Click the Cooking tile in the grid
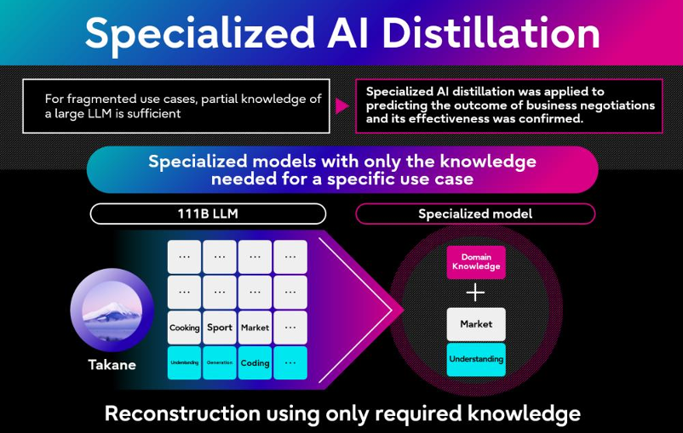[184, 328]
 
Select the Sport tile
[220, 328]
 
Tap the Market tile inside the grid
[255, 328]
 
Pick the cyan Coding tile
[255, 363]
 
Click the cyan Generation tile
[220, 363]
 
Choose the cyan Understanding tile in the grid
[184, 363]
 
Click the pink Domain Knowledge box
[476, 262]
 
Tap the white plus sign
[476, 293]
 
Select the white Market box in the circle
[476, 324]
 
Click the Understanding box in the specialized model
[476, 359]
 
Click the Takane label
[112, 365]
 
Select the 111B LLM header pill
[208, 214]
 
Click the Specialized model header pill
[475, 214]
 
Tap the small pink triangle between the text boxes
[341, 105]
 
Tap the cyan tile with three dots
[290, 363]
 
